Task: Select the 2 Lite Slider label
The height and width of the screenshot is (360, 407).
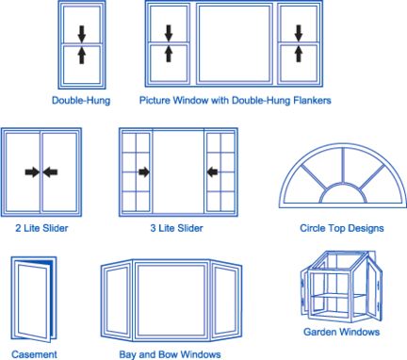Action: [41, 228]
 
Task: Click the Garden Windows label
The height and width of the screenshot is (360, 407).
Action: [342, 332]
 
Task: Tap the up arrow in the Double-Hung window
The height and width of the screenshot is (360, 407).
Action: [81, 56]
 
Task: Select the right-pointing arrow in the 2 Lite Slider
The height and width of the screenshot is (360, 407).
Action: [32, 172]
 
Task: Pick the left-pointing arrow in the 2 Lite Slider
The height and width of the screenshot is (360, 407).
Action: [51, 172]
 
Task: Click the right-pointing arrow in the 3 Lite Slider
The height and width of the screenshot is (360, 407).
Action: [144, 172]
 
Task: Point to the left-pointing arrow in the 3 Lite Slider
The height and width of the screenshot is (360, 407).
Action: [213, 172]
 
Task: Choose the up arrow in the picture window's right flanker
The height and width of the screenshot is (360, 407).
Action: [298, 56]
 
